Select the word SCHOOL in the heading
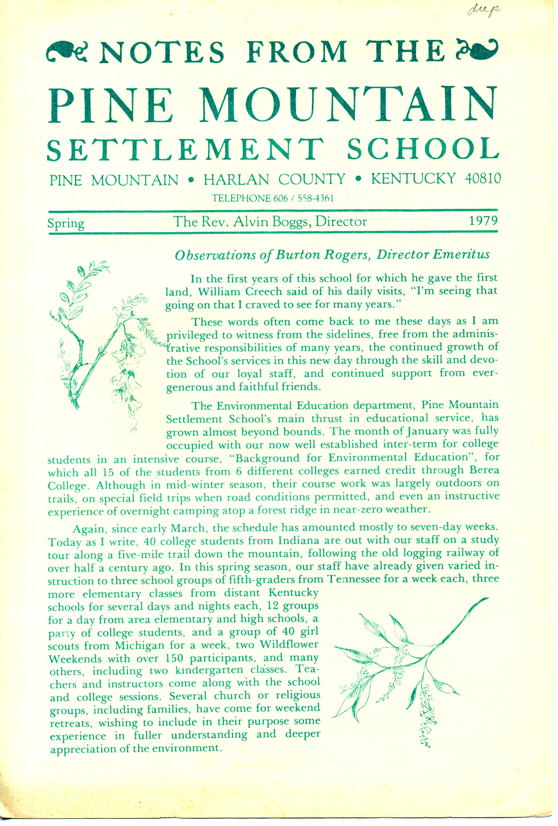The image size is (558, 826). coord(422,149)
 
